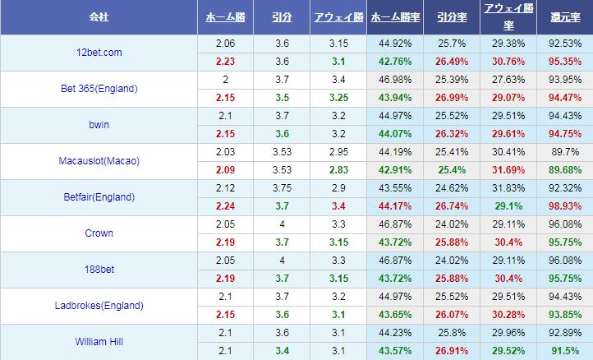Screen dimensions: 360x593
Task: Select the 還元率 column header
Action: (x=566, y=16)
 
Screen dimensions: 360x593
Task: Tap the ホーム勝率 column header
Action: (x=394, y=16)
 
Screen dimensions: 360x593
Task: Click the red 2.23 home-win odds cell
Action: (x=225, y=62)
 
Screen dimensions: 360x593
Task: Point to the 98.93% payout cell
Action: (x=566, y=206)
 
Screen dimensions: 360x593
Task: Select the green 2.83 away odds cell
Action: (x=338, y=170)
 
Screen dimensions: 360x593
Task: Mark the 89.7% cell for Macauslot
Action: (x=566, y=152)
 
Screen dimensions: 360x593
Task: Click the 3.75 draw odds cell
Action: (x=282, y=188)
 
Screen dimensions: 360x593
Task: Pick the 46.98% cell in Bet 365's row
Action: (x=394, y=80)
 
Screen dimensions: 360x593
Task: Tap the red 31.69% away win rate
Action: (x=508, y=170)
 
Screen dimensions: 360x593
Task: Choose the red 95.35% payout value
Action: (x=566, y=62)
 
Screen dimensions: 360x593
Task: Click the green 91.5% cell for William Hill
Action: (x=566, y=351)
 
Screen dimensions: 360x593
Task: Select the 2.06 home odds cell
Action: (x=225, y=44)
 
